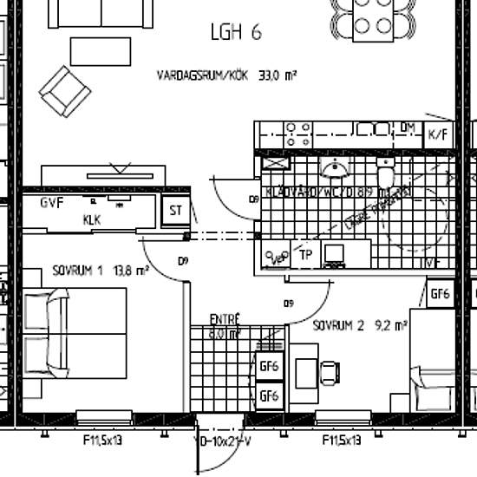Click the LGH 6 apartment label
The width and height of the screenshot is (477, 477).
(235, 33)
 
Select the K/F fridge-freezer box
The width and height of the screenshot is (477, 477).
(438, 134)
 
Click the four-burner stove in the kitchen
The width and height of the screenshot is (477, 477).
(299, 134)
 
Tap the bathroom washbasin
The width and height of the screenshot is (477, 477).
(333, 167)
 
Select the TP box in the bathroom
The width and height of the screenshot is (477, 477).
(305, 254)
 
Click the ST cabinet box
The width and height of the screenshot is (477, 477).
(175, 211)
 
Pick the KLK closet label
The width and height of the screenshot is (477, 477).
(92, 219)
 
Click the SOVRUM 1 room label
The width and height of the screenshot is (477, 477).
(77, 270)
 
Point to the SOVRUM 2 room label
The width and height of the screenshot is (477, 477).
(339, 326)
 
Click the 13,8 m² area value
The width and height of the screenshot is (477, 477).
(128, 270)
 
